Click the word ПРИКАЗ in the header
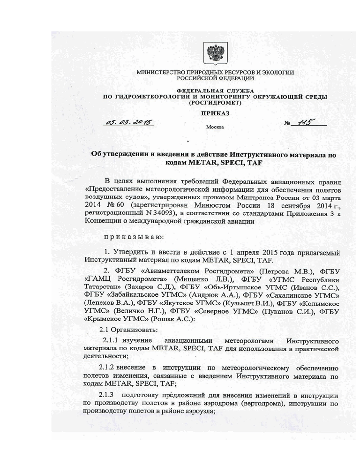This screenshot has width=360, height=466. [215, 113]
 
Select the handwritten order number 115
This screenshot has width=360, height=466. [303, 122]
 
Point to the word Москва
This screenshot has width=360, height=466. [215, 127]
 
